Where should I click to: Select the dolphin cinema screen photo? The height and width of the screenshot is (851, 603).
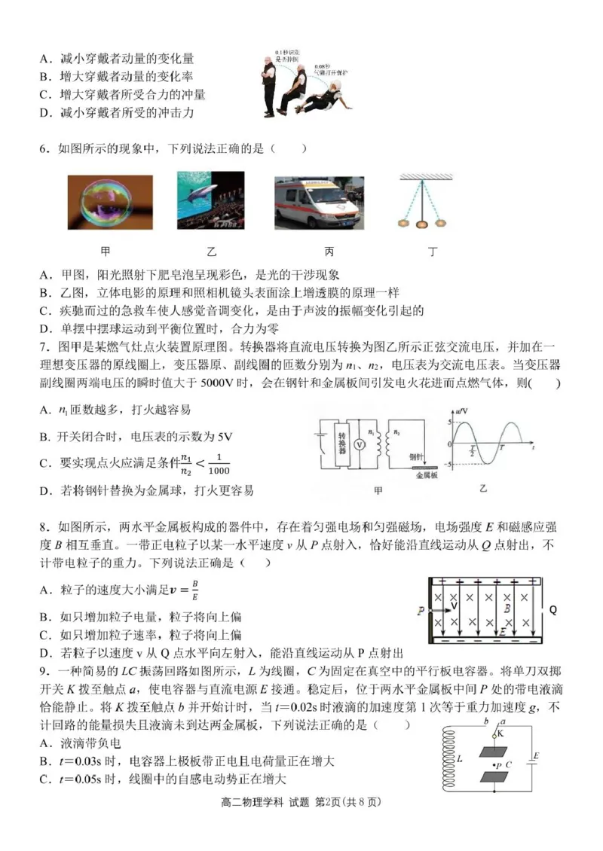coord(210,200)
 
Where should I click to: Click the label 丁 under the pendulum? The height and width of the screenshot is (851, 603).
coord(433,252)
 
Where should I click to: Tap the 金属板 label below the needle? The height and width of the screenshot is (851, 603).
coord(426,475)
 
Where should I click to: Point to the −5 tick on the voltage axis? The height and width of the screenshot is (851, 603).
coord(449,465)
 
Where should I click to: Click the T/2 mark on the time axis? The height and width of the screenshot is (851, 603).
coord(473,451)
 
